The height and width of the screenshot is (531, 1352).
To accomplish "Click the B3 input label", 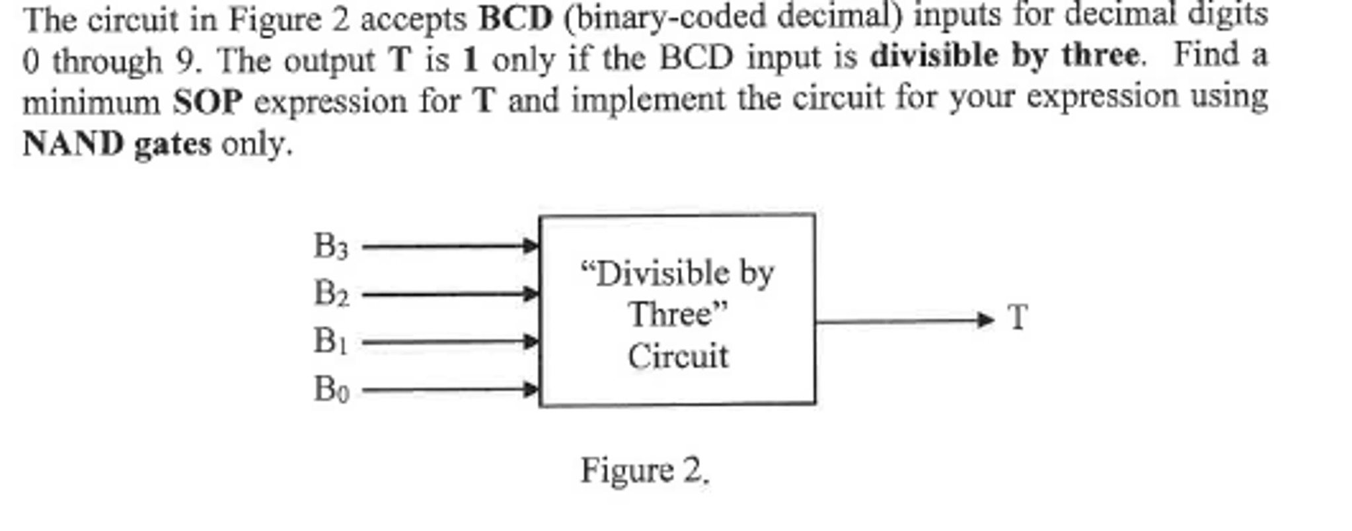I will pos(330,247).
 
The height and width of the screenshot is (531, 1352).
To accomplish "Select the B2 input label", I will pos(330,294).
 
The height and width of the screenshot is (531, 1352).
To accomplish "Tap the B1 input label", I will pos(330,342).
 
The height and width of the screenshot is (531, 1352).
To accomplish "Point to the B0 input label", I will pos(330,389).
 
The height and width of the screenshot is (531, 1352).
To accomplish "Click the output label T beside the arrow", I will pos(1018,318).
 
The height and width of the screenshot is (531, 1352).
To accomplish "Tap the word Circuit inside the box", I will pos(677,357).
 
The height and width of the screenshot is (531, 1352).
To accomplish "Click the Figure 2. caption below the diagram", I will pos(644,471).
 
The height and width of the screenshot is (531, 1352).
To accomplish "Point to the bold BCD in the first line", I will pos(515,18).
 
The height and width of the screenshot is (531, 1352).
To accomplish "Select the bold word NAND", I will pos(73,143).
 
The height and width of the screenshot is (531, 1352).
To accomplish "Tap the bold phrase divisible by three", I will pos(1004,56).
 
